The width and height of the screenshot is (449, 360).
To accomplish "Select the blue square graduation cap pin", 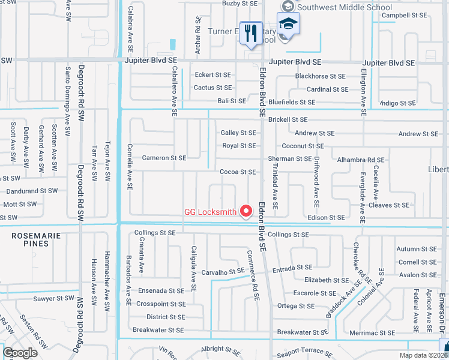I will (x=289, y=25).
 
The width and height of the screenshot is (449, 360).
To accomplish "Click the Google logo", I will (x=20, y=353).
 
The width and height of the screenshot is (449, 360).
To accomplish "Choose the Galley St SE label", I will (x=238, y=133).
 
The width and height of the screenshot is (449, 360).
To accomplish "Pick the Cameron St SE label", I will (x=164, y=158).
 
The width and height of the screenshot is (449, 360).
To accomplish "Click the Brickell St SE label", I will (x=288, y=120).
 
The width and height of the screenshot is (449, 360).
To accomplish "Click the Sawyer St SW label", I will (x=53, y=298).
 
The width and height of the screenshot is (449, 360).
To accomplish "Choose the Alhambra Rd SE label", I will (x=360, y=160).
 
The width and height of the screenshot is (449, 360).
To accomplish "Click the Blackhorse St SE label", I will (x=320, y=76).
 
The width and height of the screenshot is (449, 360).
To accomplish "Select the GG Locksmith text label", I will (x=210, y=212).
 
